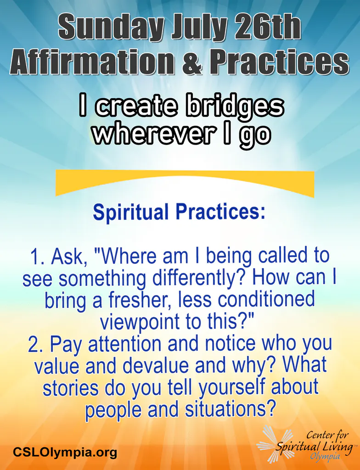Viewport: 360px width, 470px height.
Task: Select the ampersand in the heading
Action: pyautogui.click(x=192, y=62)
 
